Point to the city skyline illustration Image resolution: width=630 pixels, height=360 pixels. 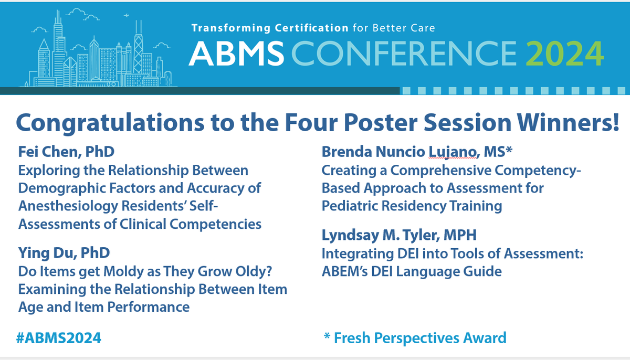(97, 52)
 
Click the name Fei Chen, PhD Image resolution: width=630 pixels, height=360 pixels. (66, 152)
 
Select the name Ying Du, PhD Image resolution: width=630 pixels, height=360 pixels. (64, 253)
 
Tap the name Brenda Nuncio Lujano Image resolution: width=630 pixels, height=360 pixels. (399, 152)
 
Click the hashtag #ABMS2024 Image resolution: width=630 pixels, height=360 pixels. (59, 337)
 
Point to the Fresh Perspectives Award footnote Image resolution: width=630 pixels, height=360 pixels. (415, 337)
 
